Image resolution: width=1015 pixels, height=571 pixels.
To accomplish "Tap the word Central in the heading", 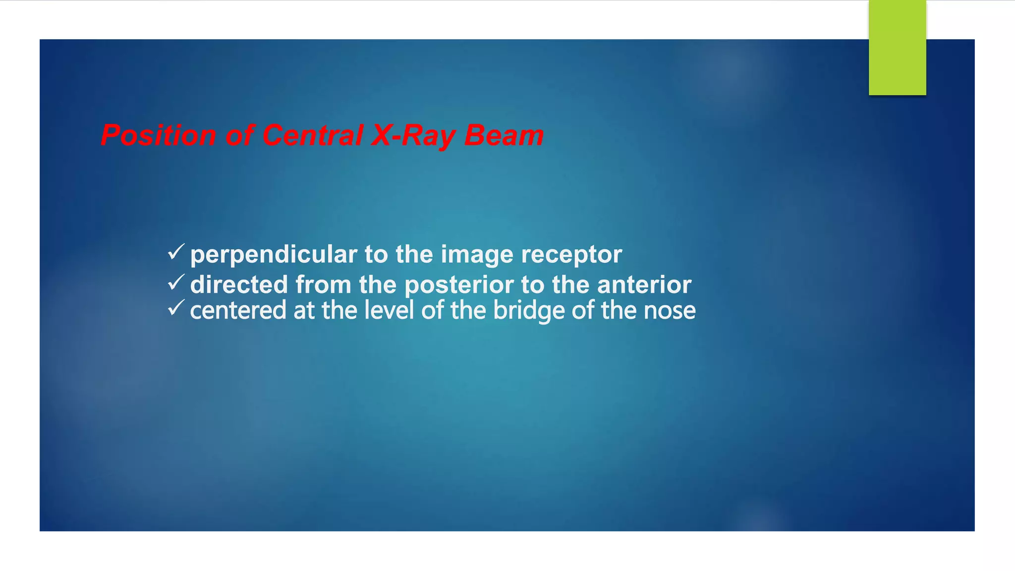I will (312, 135).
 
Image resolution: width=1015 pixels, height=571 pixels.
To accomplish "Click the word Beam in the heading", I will (504, 135).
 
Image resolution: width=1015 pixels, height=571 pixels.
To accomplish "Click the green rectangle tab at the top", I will (897, 48).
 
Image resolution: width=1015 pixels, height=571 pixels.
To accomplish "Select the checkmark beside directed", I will (176, 282).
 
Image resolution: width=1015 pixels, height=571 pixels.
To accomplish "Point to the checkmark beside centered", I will (176, 308).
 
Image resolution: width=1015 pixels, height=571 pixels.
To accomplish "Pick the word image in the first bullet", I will (477, 255).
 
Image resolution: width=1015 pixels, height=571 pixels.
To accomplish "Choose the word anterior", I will (644, 285).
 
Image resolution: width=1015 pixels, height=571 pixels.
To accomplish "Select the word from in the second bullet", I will (324, 285).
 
